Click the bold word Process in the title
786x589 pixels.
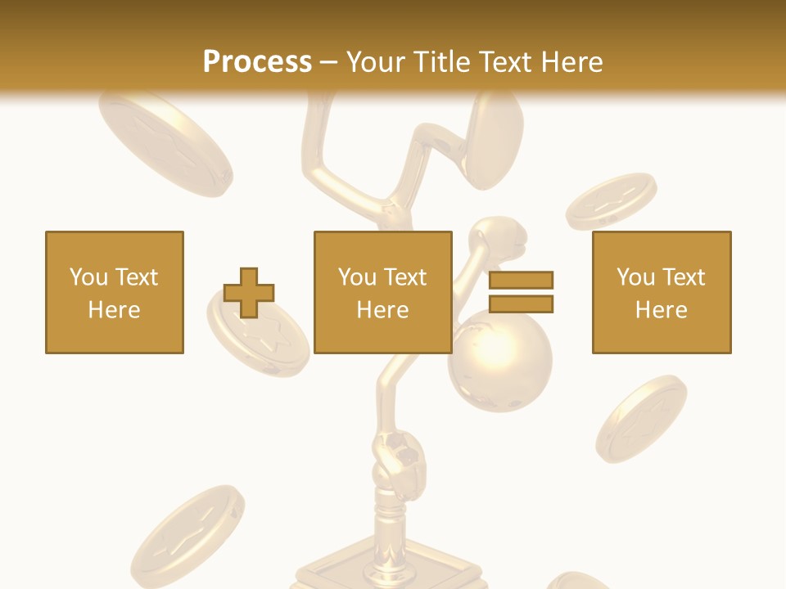(257, 61)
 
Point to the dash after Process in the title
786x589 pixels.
(329, 62)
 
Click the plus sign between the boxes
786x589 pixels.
(249, 292)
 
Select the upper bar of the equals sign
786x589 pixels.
(521, 280)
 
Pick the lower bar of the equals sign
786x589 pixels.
(521, 303)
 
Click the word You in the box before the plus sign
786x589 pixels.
(88, 277)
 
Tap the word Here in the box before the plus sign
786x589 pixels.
(115, 310)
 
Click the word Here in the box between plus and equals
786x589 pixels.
(383, 310)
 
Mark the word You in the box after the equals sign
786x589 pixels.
(635, 277)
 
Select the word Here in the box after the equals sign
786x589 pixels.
(662, 310)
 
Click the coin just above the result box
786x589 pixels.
(611, 200)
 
